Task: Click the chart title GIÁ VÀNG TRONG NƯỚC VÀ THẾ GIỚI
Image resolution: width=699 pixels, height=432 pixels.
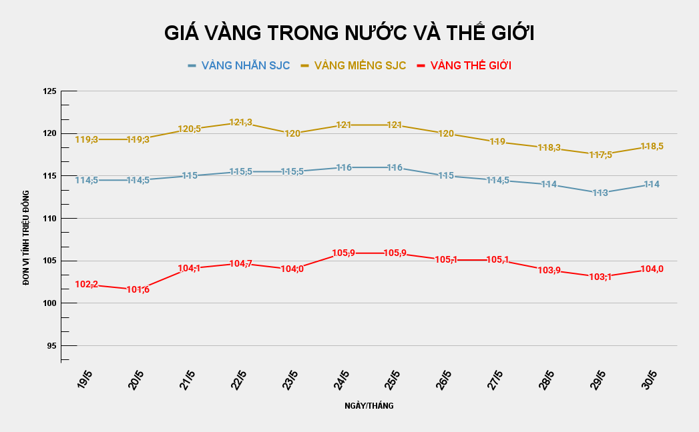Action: (x=349, y=33)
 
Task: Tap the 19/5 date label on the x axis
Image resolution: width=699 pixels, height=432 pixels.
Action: (x=85, y=381)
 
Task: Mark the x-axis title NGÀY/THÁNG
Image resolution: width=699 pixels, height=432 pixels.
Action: (x=369, y=405)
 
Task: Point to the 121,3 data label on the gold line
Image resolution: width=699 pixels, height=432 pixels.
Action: (x=240, y=123)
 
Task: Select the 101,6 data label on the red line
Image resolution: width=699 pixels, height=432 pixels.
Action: (x=138, y=289)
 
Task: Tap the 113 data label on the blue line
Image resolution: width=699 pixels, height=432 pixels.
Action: (x=600, y=193)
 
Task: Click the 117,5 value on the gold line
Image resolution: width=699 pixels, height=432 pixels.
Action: (x=600, y=155)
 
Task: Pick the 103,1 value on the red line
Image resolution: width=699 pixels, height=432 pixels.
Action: (x=600, y=277)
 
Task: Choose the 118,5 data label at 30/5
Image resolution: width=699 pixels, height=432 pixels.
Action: (x=652, y=146)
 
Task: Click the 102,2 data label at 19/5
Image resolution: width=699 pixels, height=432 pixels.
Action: (x=87, y=285)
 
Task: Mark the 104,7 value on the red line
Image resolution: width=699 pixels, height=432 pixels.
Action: (x=240, y=264)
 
